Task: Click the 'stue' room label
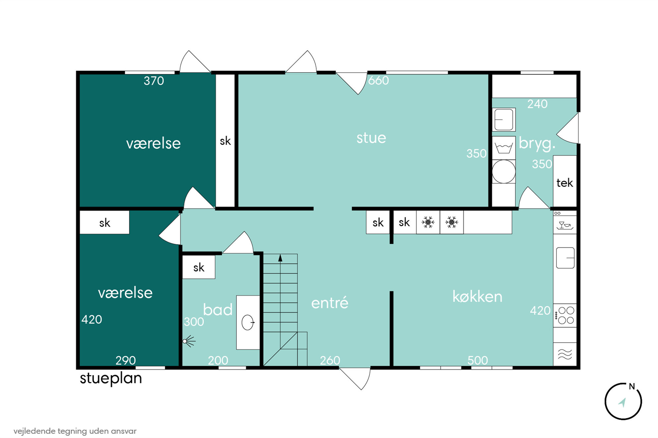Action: point(371,138)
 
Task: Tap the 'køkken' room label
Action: point(477,297)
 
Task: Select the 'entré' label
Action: point(330,303)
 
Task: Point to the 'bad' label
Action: point(218,310)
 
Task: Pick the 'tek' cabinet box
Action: point(565,182)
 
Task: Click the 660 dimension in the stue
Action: point(378,80)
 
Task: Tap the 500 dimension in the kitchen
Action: point(478,360)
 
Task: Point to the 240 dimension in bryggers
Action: point(537,104)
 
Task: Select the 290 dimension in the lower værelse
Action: point(126,360)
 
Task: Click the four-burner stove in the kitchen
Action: point(565,316)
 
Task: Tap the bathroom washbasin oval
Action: point(247,322)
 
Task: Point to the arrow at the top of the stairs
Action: point(280,258)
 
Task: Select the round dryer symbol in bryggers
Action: point(504,171)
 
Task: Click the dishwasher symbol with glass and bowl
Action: point(565,225)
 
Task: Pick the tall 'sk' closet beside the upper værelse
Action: point(225,141)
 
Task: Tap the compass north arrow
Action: point(622,402)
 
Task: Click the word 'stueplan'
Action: point(111,378)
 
